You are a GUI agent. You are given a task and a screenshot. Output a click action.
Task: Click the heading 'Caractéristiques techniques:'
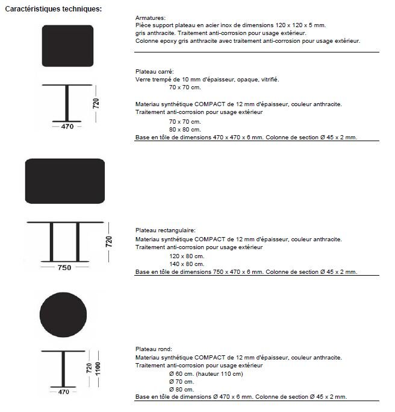(x=53, y=9)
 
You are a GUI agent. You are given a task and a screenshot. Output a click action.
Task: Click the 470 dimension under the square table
(x=67, y=127)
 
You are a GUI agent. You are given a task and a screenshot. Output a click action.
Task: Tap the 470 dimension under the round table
(x=64, y=392)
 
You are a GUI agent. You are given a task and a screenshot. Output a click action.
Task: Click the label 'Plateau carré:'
(x=155, y=71)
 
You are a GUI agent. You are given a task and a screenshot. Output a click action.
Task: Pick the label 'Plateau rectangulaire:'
(x=166, y=230)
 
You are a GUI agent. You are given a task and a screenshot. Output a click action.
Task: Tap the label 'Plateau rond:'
(x=154, y=349)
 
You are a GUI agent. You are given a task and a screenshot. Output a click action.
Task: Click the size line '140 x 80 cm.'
(x=187, y=264)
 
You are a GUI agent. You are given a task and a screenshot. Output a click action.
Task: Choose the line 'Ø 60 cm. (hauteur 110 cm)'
(x=206, y=374)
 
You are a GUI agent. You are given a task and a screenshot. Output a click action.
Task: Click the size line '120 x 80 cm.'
(x=187, y=256)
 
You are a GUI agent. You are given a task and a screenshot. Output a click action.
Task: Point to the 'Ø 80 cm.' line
(x=181, y=389)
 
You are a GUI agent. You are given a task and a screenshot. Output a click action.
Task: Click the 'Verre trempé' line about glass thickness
(x=207, y=79)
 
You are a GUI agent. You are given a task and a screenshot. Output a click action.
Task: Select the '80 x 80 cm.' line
(x=185, y=129)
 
